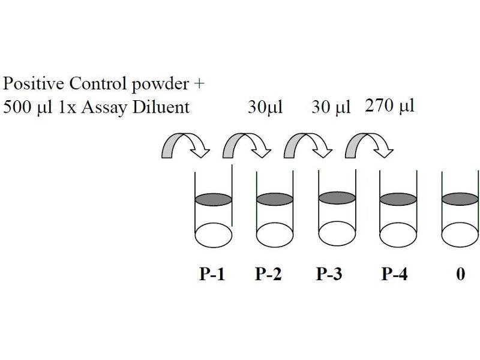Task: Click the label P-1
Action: (212, 275)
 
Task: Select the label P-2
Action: (268, 275)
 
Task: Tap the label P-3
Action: (329, 275)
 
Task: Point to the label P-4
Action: (395, 275)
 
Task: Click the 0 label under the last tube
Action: (460, 275)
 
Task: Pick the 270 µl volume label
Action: (390, 106)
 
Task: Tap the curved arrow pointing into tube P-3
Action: (308, 146)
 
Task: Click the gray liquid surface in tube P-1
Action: (214, 199)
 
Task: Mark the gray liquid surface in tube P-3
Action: (336, 198)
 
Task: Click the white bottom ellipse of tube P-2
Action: (275, 235)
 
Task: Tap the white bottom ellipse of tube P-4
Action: (399, 235)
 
